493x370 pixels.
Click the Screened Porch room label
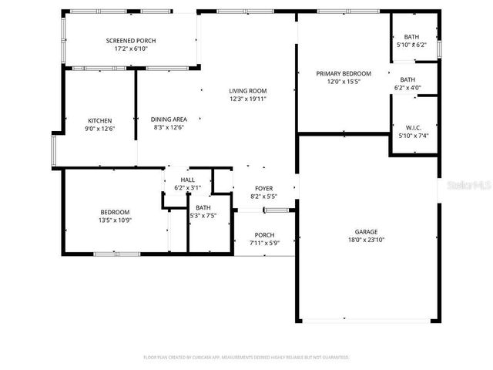(131, 41)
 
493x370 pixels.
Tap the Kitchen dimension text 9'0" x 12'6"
(99, 128)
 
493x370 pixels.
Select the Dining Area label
(169, 119)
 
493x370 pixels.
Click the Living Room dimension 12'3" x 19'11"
(247, 99)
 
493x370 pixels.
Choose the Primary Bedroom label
(344, 74)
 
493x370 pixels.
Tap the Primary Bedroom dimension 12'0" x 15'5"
(344, 82)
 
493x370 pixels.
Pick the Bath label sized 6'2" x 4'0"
(407, 79)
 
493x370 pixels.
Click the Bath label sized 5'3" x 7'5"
(203, 207)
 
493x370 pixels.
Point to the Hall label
(188, 180)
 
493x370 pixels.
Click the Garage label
(366, 231)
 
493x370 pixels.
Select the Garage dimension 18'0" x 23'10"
(366, 239)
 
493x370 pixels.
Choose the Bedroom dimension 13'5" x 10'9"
(115, 220)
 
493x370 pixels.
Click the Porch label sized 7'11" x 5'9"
(263, 235)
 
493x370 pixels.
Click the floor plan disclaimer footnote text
(246, 357)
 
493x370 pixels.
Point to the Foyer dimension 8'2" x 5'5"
(263, 197)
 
